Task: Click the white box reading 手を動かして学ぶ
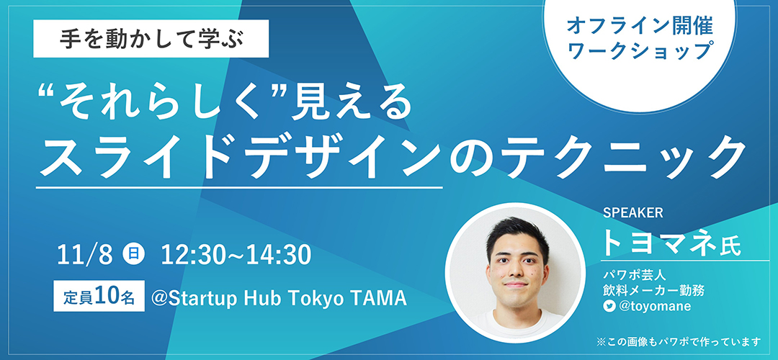tap(151, 39)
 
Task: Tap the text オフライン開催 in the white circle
tap(640, 27)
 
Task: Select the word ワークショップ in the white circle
tap(640, 51)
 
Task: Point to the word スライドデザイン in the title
tap(240, 156)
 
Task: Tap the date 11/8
tap(85, 255)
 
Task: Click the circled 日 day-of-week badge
tap(133, 255)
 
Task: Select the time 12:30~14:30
tap(236, 255)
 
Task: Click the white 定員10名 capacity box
tap(99, 296)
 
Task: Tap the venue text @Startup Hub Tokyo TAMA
tap(279, 297)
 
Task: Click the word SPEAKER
tap(632, 213)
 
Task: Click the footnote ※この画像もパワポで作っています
tap(679, 342)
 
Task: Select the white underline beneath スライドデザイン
tap(239, 187)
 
